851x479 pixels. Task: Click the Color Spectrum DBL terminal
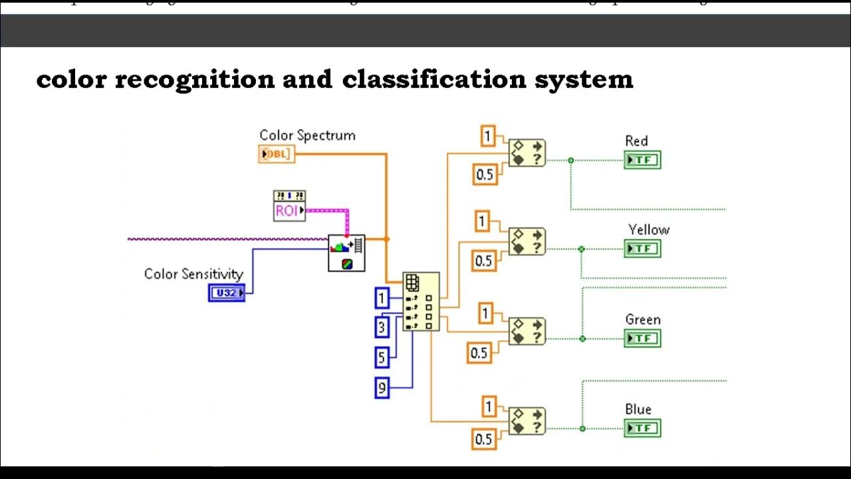pyautogui.click(x=276, y=154)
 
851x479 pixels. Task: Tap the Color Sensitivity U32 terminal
pyautogui.click(x=227, y=292)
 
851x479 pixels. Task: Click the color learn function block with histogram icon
pyautogui.click(x=346, y=252)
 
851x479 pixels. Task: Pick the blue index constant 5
pyautogui.click(x=382, y=357)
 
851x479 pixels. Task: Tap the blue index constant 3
pyautogui.click(x=382, y=327)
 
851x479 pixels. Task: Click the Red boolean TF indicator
pyautogui.click(x=642, y=160)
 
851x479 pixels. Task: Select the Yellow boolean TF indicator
pyautogui.click(x=642, y=249)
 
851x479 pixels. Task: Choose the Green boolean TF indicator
pyautogui.click(x=642, y=339)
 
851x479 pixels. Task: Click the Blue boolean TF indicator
pyautogui.click(x=642, y=428)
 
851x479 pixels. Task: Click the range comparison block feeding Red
pyautogui.click(x=527, y=152)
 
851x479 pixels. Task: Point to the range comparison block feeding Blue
pyautogui.click(x=527, y=421)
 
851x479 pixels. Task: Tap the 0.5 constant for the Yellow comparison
pyautogui.click(x=484, y=260)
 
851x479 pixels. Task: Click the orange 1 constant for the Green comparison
pyautogui.click(x=486, y=313)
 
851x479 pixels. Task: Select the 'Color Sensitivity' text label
pyautogui.click(x=193, y=273)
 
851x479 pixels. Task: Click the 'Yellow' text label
pyautogui.click(x=648, y=230)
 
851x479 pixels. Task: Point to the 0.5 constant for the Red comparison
pyautogui.click(x=485, y=174)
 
